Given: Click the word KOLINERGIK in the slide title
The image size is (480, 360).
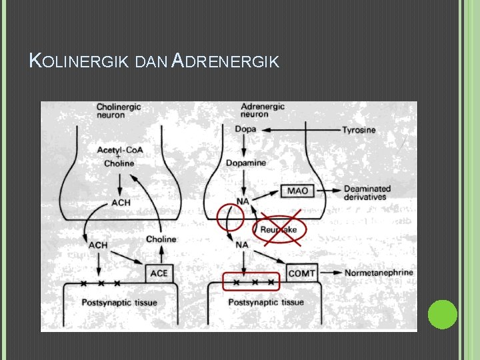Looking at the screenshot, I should (x=79, y=62).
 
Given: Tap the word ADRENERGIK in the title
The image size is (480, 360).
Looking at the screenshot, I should (x=225, y=62).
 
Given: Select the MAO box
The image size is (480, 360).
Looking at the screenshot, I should (x=297, y=191).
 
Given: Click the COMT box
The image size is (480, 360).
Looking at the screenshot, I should (x=301, y=273).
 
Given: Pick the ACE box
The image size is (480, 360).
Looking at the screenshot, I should (x=159, y=273).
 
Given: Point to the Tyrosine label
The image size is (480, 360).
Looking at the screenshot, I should (x=359, y=129).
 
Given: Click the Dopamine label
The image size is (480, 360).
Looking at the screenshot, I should (x=245, y=163).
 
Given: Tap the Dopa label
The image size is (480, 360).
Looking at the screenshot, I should (x=245, y=129).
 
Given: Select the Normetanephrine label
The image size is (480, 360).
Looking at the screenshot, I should (x=378, y=273).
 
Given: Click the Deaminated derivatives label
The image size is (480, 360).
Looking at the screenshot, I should (x=366, y=193).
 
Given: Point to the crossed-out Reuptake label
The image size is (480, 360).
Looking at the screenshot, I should (x=278, y=229).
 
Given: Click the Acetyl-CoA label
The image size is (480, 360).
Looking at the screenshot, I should (x=119, y=150).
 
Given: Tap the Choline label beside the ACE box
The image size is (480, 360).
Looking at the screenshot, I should (x=161, y=239).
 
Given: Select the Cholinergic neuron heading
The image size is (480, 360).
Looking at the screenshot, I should (x=119, y=110).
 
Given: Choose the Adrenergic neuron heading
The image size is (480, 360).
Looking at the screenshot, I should (x=262, y=110).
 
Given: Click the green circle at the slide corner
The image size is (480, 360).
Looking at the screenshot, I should (x=442, y=314).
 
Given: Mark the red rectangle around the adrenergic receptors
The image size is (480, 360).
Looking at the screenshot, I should (x=251, y=282).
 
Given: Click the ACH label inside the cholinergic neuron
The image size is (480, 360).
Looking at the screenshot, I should (x=121, y=202).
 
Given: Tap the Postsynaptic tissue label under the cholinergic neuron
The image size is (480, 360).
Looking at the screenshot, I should (x=119, y=303).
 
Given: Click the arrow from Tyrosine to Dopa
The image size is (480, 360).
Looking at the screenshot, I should (x=300, y=129).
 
